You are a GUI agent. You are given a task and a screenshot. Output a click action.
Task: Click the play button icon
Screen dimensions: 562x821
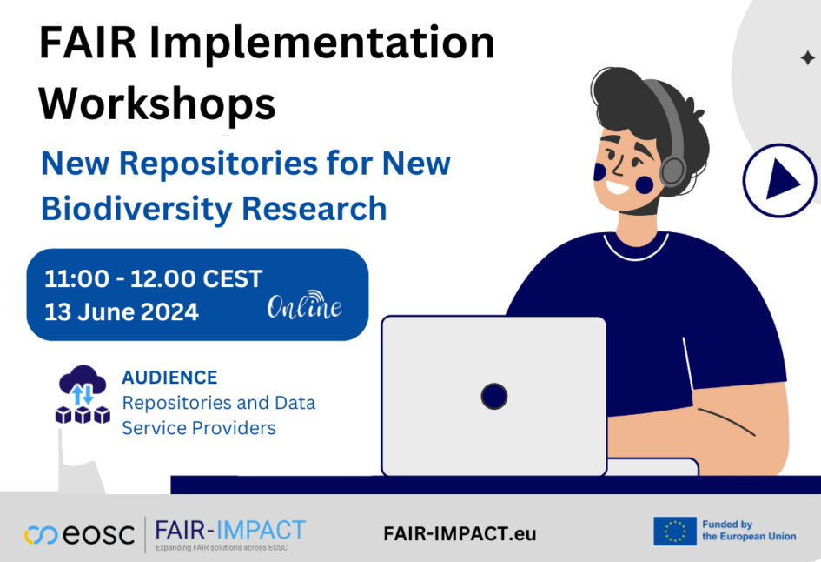point(779,180)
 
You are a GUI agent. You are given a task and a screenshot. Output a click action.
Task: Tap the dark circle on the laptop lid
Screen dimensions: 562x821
point(494,397)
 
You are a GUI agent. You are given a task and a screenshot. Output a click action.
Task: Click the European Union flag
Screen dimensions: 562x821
point(675,531)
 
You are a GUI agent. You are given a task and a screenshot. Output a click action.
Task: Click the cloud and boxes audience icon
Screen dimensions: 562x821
point(83,395)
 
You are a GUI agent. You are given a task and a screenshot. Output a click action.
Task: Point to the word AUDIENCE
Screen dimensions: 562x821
point(169,378)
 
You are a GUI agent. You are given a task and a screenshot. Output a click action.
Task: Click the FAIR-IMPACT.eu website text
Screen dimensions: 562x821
point(460,533)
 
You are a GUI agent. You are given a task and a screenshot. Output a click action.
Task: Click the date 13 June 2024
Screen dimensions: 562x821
point(122,311)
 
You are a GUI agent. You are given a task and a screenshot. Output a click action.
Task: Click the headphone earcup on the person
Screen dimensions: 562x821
point(672,170)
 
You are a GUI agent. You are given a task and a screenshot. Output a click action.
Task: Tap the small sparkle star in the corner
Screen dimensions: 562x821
point(807,58)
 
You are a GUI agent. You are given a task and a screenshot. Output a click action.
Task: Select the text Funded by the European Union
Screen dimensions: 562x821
point(748,531)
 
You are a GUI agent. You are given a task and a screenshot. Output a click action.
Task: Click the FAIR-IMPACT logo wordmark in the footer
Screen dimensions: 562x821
point(230,530)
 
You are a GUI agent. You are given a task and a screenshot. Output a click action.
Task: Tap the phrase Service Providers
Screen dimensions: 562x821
point(198,428)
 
